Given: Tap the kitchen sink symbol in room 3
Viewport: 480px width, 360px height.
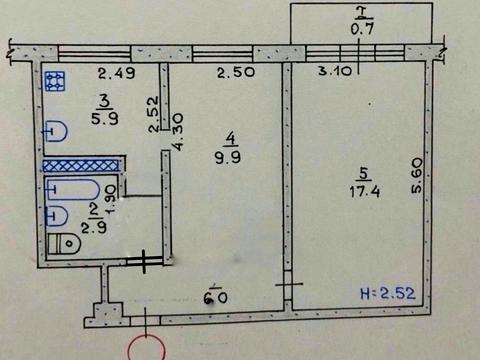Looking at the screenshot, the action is [56, 130].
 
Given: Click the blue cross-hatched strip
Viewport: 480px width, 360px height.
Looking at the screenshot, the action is [82, 165].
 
